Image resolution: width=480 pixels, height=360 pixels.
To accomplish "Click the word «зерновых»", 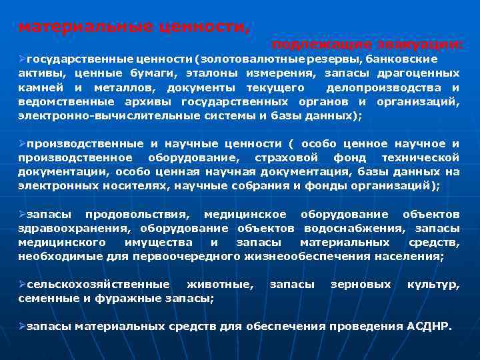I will pos(361,285).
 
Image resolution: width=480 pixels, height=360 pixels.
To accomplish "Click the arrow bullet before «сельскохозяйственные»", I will pos(21,285).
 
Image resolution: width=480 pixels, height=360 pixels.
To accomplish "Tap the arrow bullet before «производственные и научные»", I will pos(21,143).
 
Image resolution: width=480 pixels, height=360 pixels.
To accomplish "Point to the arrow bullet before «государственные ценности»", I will pos(21,59).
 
